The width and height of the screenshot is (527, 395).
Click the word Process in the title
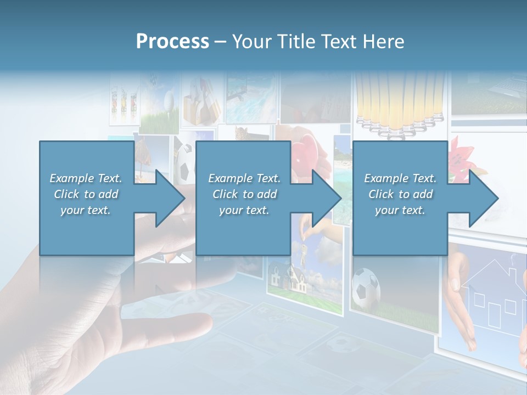pos(172,42)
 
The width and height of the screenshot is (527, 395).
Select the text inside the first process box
pos(86,194)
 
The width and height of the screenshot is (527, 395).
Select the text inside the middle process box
pos(244,194)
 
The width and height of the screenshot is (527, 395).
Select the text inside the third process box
pos(400,194)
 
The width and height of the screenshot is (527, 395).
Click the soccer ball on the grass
pos(366,286)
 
